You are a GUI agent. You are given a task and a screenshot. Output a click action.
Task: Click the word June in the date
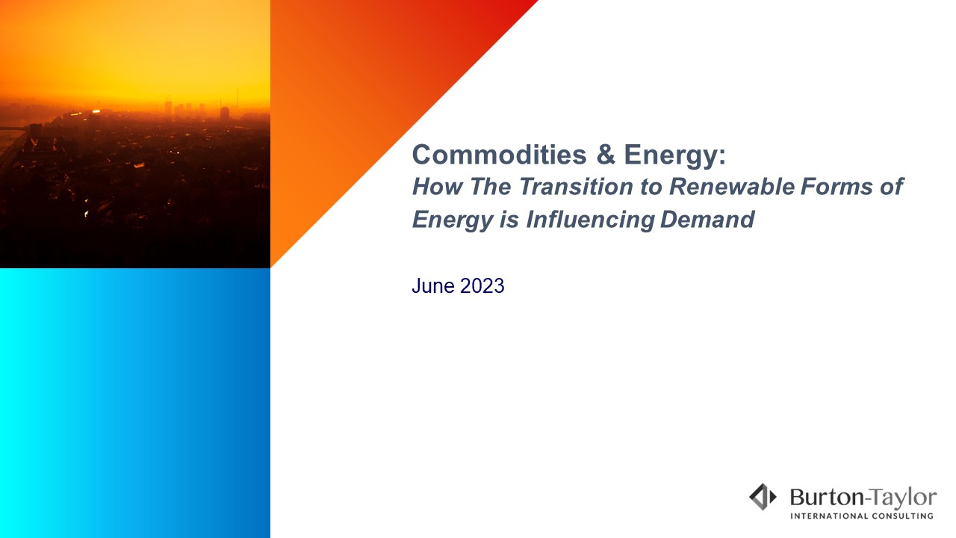click(432, 285)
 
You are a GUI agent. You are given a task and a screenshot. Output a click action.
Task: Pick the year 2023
click(482, 285)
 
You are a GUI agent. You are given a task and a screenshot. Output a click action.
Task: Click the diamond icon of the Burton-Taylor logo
click(763, 497)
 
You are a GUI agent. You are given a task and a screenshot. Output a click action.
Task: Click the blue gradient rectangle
click(134, 403)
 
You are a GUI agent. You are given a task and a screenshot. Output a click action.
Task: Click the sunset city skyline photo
click(134, 134)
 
